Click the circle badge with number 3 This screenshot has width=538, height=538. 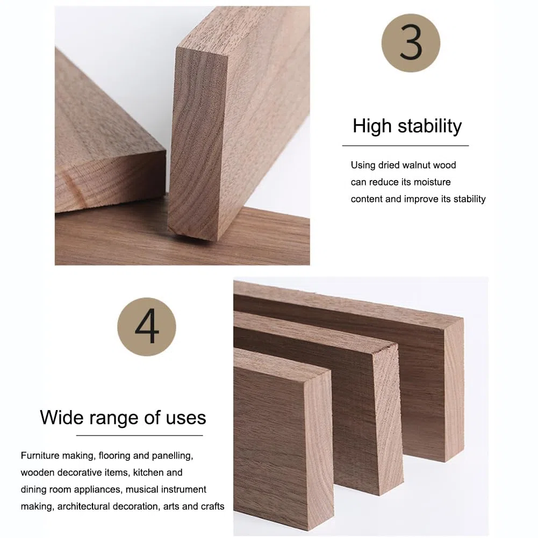click(411, 43)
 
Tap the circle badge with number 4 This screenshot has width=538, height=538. click(147, 327)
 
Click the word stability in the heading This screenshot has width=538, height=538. click(429, 126)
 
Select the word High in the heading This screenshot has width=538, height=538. click(372, 126)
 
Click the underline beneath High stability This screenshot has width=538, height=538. click(406, 146)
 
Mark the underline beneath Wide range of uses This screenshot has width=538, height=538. click(139, 435)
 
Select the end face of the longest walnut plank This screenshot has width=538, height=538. click(454, 390)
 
